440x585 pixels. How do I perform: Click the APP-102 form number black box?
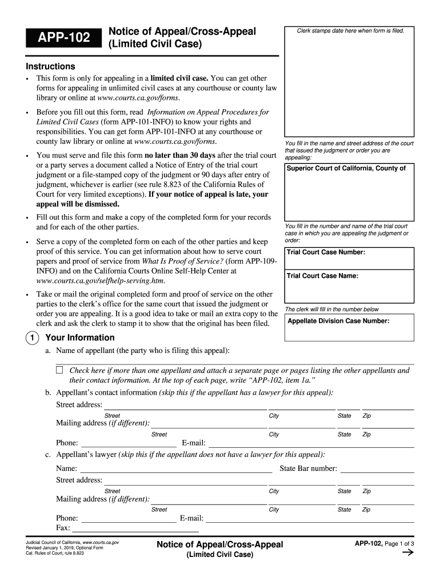click(63, 38)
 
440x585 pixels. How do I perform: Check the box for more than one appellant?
click(59, 370)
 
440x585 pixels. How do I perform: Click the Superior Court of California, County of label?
click(346, 168)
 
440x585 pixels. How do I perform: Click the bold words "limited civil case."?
click(179, 78)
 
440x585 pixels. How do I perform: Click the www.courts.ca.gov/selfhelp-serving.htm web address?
click(101, 281)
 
